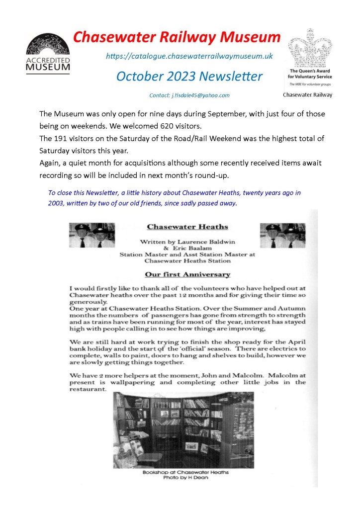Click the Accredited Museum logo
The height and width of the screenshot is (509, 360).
click(x=48, y=53)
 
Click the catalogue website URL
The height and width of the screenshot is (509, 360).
click(x=189, y=57)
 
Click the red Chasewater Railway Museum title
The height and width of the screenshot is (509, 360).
click(x=177, y=37)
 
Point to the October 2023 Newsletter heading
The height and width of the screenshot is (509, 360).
click(x=189, y=76)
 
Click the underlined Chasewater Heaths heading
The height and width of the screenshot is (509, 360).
click(x=187, y=228)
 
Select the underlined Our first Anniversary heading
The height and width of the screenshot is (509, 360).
click(x=187, y=274)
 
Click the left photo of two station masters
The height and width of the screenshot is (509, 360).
click(x=92, y=235)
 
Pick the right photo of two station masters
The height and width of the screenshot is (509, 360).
click(x=283, y=235)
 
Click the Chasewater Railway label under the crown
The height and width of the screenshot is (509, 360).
click(x=308, y=94)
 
